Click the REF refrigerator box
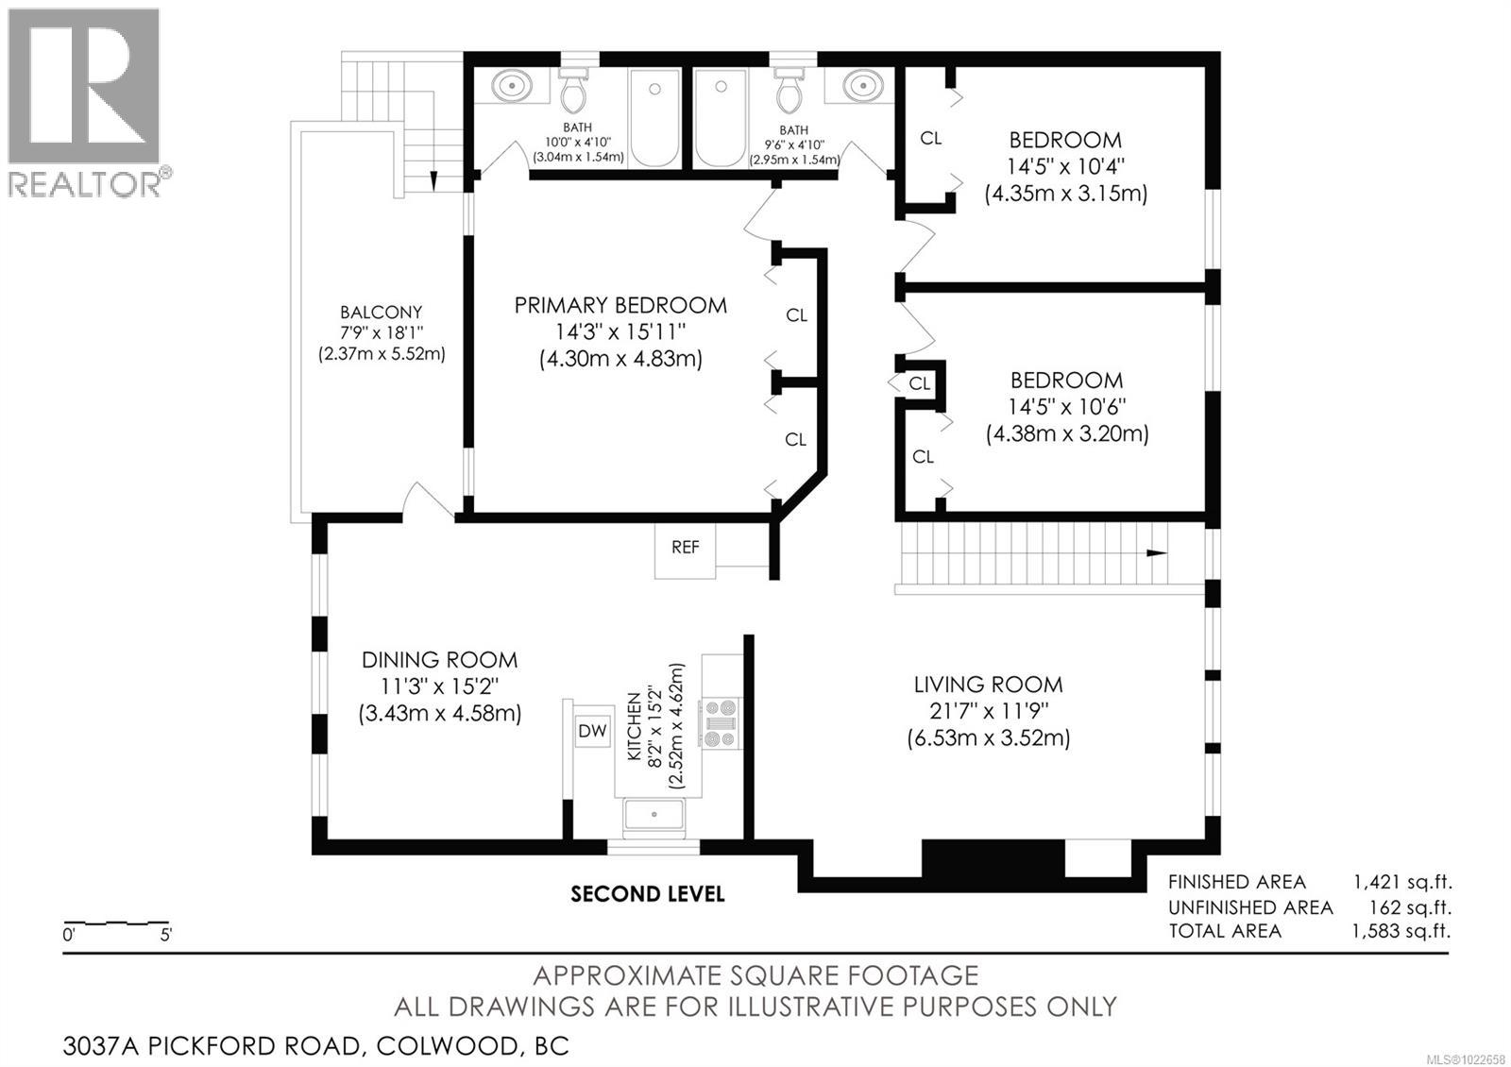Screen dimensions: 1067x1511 (x=686, y=548)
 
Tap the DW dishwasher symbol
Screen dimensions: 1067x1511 (x=593, y=731)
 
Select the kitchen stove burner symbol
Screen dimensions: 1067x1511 (x=721, y=724)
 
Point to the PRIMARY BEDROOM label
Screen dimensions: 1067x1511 (x=620, y=305)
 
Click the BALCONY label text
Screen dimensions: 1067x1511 (x=381, y=313)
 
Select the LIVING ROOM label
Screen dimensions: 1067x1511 (x=988, y=685)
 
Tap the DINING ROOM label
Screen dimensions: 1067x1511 (x=440, y=660)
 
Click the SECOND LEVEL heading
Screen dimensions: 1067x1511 (x=648, y=893)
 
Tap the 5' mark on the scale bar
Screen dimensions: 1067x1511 (x=166, y=936)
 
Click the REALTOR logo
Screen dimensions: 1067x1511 (x=85, y=102)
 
